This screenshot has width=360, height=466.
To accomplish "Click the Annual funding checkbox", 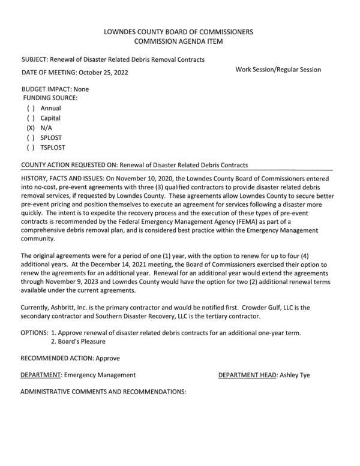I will coord(30,109).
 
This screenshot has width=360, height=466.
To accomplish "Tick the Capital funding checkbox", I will coord(30,118).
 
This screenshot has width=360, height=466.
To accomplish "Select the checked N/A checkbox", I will coord(30,128).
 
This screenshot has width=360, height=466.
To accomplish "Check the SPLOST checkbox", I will coord(30,137).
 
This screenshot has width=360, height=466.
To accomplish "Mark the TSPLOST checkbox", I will coord(30,147).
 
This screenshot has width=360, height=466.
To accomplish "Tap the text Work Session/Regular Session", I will coord(278,70).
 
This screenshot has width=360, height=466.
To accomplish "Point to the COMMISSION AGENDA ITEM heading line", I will coord(178,41).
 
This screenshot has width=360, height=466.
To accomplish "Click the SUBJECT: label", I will coord(35,59).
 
